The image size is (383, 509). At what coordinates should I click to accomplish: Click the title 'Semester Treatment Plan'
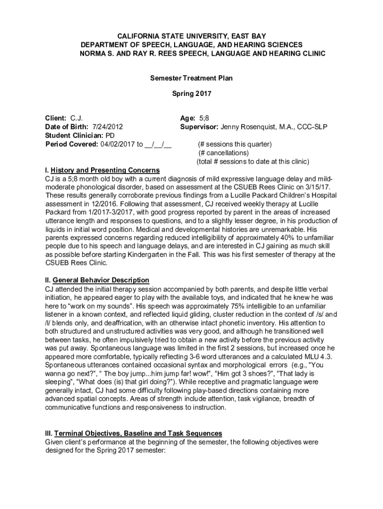[x=191, y=78]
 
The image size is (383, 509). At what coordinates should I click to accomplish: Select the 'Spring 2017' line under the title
[x=191, y=93]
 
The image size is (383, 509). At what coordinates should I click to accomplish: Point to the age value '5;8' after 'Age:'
[x=204, y=118]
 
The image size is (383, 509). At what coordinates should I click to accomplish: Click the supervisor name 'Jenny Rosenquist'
[x=247, y=127]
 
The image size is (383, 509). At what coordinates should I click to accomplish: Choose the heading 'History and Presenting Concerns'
[x=105, y=170]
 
